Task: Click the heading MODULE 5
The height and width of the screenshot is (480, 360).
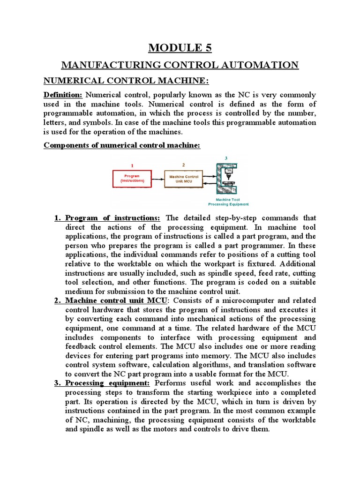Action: coord(180,47)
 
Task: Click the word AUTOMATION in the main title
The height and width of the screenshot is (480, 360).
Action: coord(257,65)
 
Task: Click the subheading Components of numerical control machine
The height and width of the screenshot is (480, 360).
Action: coord(122,145)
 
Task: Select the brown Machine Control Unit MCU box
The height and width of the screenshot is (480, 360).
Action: coord(183,178)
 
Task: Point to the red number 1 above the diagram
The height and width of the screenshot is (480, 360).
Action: coord(132,165)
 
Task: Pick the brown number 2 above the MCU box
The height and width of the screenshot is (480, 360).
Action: coord(183,165)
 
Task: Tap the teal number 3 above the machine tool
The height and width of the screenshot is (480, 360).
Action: coord(226,158)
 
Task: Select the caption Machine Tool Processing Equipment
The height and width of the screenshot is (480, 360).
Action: coord(228,202)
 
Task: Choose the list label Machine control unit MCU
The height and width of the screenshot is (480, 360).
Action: coord(115,300)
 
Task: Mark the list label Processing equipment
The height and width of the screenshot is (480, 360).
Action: coord(107,383)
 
